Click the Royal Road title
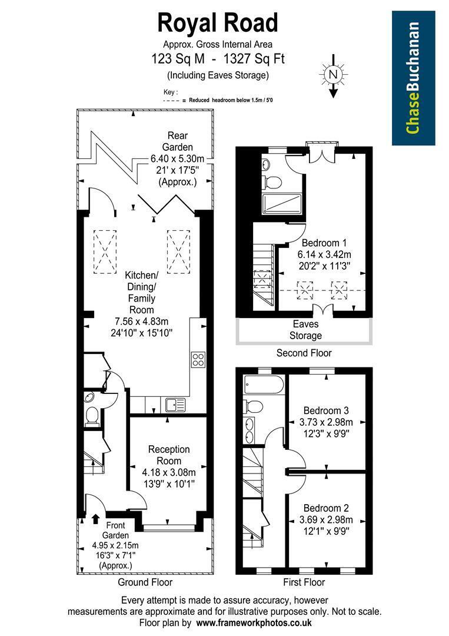(x=218, y=23)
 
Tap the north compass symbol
(x=333, y=75)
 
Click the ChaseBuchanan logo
(x=413, y=78)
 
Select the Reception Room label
(x=169, y=455)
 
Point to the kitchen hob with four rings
(x=198, y=360)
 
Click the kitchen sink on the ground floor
(x=175, y=405)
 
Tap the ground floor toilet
(x=92, y=416)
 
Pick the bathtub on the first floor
(x=264, y=385)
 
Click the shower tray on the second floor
(x=282, y=204)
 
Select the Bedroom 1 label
(x=324, y=243)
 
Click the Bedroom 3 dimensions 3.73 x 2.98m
(x=326, y=422)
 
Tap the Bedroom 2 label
(x=326, y=508)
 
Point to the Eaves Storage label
(x=305, y=330)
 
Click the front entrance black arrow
(x=96, y=518)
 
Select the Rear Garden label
(x=178, y=141)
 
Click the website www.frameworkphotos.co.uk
(x=254, y=622)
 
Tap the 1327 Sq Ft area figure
(x=254, y=59)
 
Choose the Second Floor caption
(x=304, y=353)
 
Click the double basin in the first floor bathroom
(x=250, y=430)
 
